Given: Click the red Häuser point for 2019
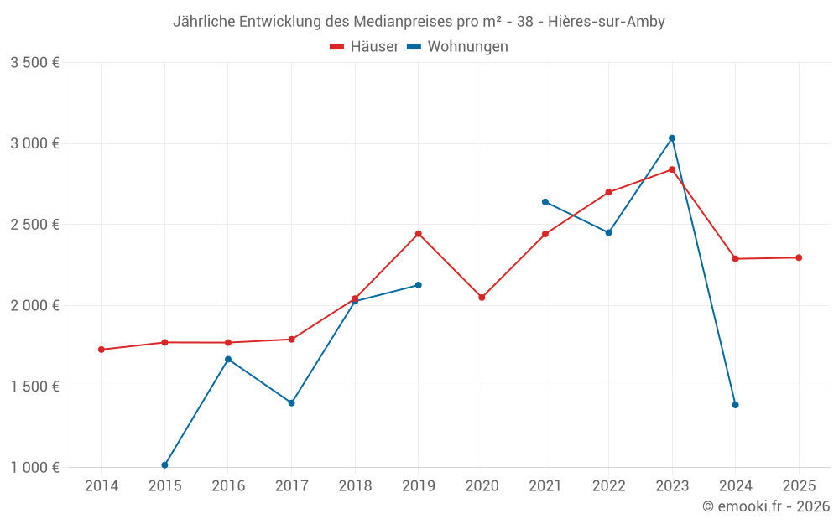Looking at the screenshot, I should [x=418, y=234].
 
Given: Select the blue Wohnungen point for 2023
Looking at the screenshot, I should [x=672, y=138].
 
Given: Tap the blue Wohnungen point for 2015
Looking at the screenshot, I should [x=164, y=465].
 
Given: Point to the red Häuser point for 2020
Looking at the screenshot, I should [x=482, y=298].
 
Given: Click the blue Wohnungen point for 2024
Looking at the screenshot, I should [x=735, y=405].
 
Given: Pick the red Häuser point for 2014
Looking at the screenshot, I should [x=102, y=350].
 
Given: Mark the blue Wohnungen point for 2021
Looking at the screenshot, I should [x=545, y=202].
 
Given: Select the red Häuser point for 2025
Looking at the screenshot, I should [x=799, y=257].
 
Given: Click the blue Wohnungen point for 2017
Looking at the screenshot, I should [x=291, y=403].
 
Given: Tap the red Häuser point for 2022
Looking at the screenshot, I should [x=608, y=192].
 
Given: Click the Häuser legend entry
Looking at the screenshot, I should [x=364, y=47].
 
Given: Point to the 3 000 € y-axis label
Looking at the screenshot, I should [x=34, y=143].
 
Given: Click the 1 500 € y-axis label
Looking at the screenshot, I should [x=34, y=387].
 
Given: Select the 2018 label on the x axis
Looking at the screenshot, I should [x=355, y=485].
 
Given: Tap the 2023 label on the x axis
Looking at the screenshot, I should [x=672, y=485].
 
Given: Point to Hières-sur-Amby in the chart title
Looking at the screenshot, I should [x=607, y=22].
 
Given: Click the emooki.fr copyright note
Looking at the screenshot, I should [x=765, y=506].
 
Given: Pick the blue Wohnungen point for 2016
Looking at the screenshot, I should [x=228, y=360].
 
